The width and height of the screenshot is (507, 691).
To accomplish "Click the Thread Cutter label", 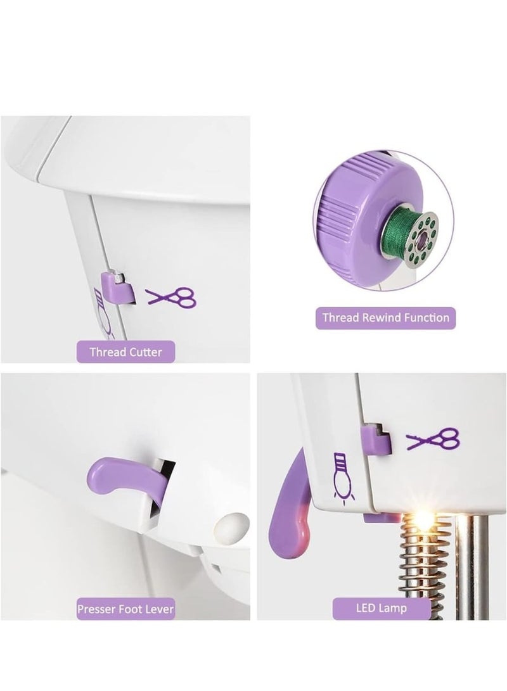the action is coord(125,352).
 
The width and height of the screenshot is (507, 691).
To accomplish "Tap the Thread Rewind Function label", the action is coord(385,318).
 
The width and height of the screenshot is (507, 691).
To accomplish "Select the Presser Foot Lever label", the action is coord(125,609).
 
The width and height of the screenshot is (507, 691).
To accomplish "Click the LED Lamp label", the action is coord(381,608).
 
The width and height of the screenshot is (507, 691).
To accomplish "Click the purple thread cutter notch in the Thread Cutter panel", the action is coord(118,288).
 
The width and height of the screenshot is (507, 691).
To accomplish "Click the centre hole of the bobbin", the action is coord(421,238).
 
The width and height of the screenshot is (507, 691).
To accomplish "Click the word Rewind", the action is coord(382,317).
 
